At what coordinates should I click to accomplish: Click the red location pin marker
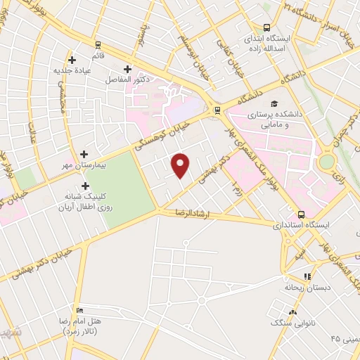point(181,165)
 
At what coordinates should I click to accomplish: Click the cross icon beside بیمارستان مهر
point(84,154)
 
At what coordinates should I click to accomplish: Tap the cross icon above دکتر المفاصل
point(127,70)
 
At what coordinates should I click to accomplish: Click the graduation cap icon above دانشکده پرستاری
point(272,101)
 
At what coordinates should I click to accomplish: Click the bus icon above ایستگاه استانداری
point(302,214)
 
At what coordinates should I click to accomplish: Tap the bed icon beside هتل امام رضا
point(79,310)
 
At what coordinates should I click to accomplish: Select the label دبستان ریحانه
point(303,288)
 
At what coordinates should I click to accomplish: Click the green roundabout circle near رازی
point(326,162)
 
